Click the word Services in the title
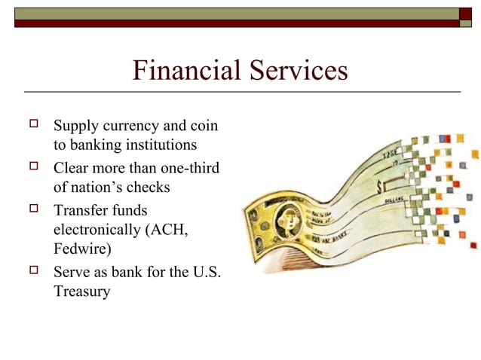[x=293, y=71]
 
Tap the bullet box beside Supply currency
[x=32, y=124]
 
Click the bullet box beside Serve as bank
[x=32, y=270]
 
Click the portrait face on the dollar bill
[x=287, y=218]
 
